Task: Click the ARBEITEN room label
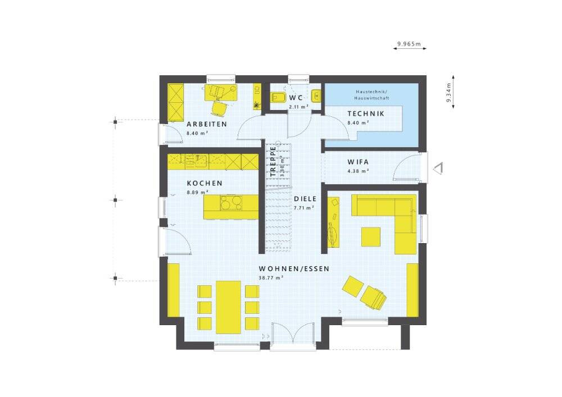[x=207, y=124]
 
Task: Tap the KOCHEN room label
[x=205, y=183]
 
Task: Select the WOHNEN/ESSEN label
[x=294, y=269]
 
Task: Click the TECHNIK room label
[x=365, y=113]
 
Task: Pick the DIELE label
[x=305, y=199]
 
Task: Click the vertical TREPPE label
[x=273, y=162]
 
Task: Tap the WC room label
[x=296, y=98]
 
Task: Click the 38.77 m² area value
[x=271, y=277]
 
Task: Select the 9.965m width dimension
[x=409, y=44]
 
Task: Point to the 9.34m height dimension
[x=448, y=93]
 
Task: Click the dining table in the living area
[x=228, y=306]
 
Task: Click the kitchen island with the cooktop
[x=231, y=207]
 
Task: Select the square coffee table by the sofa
[x=371, y=236]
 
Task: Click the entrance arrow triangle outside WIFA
[x=438, y=168]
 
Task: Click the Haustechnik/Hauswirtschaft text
[x=371, y=95]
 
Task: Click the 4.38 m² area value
[x=357, y=171]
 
